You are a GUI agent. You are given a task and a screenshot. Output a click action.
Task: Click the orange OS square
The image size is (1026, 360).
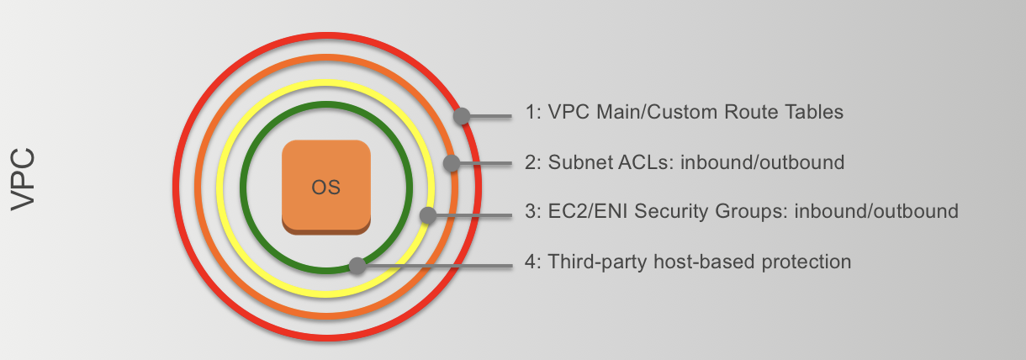326,186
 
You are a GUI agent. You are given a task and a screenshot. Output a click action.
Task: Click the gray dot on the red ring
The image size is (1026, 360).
461,116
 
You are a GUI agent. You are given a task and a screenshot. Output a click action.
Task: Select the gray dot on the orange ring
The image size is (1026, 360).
452,163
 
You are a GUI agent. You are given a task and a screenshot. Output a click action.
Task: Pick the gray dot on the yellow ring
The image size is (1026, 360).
427,214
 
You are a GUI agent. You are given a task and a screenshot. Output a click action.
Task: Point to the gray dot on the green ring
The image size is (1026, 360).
357,266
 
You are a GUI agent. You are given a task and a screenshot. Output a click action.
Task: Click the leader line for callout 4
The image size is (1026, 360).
437,266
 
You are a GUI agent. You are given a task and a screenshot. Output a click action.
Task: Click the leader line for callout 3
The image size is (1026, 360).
471,214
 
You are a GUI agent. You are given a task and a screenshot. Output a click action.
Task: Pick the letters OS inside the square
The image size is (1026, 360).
326,187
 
